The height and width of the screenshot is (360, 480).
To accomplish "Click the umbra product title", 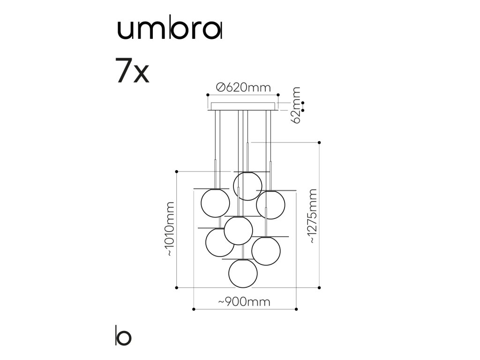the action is (169, 30).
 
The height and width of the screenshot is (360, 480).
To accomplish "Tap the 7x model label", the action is (132, 71).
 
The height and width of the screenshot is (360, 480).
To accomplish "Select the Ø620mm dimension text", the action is (243, 88).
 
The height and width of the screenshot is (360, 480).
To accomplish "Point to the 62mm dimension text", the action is (296, 105).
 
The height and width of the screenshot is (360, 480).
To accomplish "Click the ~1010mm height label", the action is (170, 229).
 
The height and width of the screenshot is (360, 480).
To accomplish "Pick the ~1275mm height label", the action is (313, 216).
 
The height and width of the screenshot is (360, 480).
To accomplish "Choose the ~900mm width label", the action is (244, 302).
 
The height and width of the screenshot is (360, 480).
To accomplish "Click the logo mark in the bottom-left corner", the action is (123, 336).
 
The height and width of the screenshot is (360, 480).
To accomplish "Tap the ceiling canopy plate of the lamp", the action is (243, 106).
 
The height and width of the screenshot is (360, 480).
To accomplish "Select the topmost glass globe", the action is (247, 186).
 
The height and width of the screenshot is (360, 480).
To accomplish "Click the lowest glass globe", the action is (243, 273).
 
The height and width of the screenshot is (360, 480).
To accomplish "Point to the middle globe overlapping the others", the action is (239, 231).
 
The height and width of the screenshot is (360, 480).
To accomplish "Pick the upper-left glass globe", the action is (215, 203).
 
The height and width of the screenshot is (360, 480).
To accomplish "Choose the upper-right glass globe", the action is (270, 205).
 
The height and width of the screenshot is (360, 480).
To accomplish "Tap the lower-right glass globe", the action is (266, 251).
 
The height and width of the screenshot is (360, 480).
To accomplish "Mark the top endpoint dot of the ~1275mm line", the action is (319, 142).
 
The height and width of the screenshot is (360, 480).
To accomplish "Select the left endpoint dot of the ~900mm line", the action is (194, 309).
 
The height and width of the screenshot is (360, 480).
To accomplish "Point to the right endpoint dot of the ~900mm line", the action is (296, 309).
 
